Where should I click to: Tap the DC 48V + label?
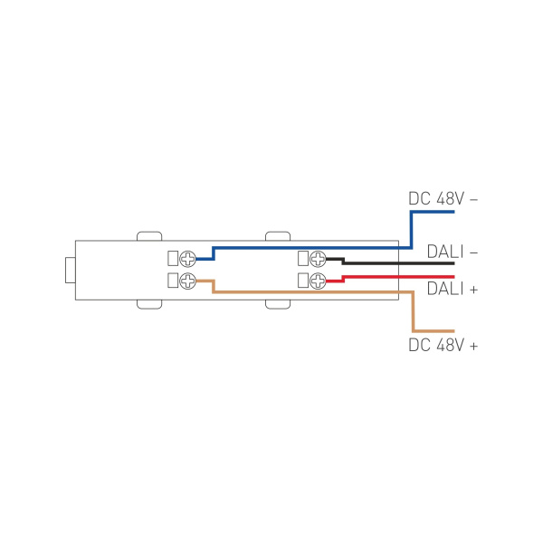[x=443, y=345]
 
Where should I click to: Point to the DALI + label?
[x=452, y=289]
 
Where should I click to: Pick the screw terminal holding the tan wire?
[x=188, y=280]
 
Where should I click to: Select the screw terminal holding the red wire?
[x=318, y=280]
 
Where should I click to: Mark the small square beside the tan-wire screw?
[x=174, y=280]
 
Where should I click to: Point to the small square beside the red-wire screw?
[x=303, y=280]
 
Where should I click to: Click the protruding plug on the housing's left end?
[x=69, y=270]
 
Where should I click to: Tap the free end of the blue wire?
[x=451, y=213]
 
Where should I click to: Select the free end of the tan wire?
[x=451, y=330]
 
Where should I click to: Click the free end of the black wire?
[x=451, y=263]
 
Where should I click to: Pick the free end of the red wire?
[x=451, y=276]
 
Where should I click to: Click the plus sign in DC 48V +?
[x=473, y=345]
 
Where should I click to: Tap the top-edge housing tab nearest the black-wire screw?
[x=279, y=236]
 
